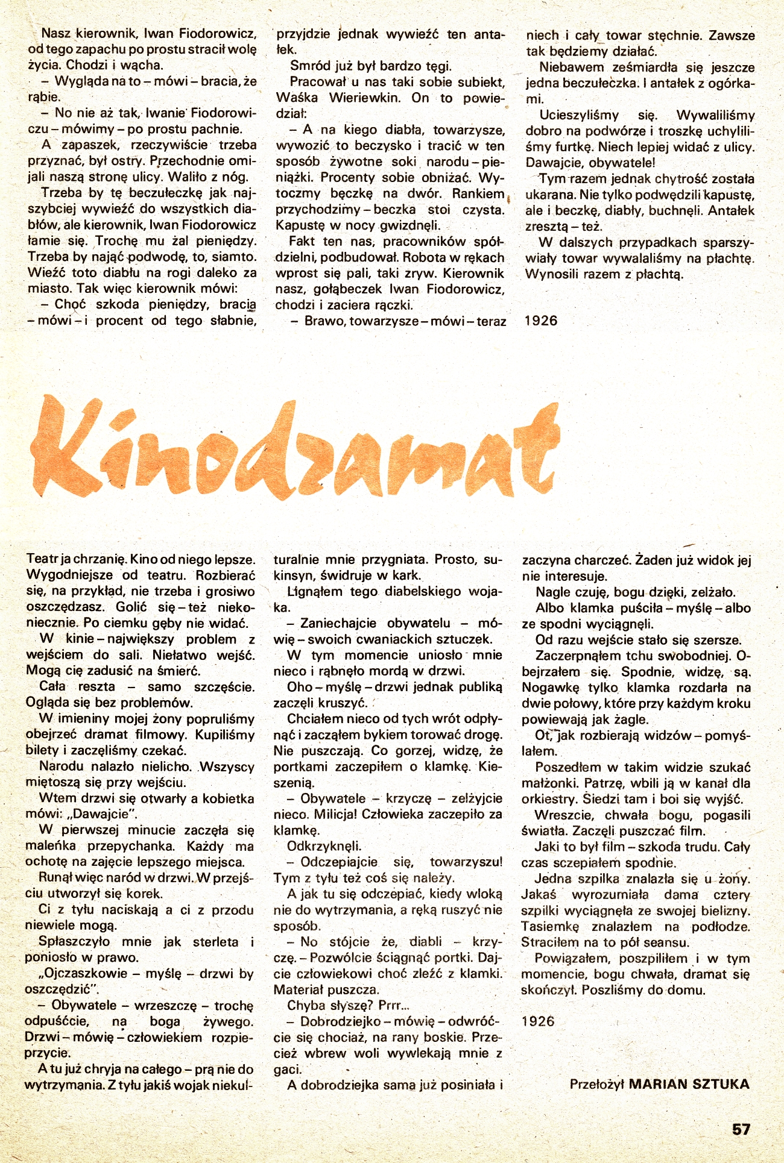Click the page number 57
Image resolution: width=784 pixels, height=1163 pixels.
tap(741, 1129)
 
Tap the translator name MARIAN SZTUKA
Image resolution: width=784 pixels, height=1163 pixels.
tap(689, 1084)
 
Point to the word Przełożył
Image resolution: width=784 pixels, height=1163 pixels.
tap(596, 1084)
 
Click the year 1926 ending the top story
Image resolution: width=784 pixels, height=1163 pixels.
tap(541, 321)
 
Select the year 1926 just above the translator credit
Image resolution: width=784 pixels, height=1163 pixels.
tap(538, 1021)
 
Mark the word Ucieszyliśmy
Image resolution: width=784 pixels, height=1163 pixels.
tap(579, 115)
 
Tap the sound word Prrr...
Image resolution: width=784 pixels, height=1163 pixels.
tap(394, 1005)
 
